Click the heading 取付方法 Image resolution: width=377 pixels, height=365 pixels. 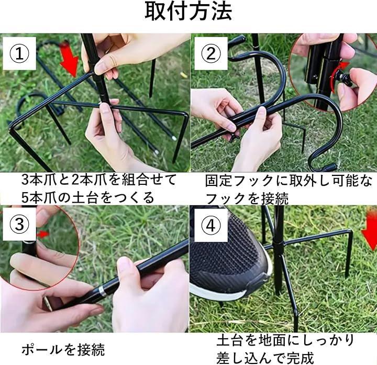click(188, 12)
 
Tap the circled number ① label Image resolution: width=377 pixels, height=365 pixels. click(19, 53)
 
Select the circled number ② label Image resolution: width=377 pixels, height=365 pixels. click(210, 53)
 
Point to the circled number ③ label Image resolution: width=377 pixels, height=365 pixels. click(19, 224)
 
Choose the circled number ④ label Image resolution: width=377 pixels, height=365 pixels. click(210, 225)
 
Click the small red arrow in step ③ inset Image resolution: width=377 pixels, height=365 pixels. click(43, 234)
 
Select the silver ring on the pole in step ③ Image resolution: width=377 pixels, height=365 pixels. click(102, 291)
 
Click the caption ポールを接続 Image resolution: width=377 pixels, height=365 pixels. click(63, 350)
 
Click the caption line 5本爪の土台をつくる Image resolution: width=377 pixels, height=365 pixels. click(87, 197)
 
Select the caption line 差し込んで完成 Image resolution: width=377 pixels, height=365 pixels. click(265, 358)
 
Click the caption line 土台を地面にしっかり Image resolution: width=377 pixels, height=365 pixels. click(286, 340)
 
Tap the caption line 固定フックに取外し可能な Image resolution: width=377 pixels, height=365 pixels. click(289, 181)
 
